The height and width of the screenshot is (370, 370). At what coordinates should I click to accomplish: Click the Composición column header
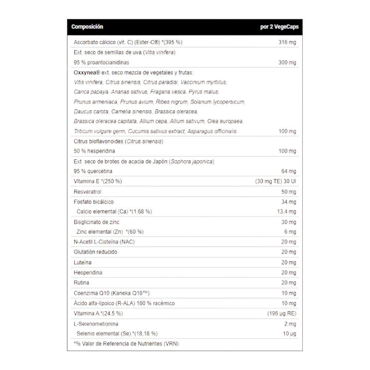(87, 27)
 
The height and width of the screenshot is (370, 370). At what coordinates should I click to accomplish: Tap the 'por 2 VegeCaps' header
(279, 27)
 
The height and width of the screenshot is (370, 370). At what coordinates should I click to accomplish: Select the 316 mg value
(287, 43)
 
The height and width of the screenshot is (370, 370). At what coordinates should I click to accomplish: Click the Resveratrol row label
(88, 192)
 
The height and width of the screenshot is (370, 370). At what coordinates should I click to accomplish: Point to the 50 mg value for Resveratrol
(289, 192)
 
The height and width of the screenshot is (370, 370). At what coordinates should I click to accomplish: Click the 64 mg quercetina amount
(289, 171)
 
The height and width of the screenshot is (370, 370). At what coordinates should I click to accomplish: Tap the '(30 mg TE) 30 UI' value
(276, 181)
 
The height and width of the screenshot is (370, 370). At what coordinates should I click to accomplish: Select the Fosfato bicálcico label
(94, 202)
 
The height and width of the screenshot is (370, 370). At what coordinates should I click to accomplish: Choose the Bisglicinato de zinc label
(97, 222)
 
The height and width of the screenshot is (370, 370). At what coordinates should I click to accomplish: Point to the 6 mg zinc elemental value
(290, 232)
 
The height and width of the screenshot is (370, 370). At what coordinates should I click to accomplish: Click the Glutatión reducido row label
(95, 252)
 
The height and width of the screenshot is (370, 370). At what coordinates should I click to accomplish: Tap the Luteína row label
(83, 262)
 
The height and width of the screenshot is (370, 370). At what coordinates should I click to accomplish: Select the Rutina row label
(81, 283)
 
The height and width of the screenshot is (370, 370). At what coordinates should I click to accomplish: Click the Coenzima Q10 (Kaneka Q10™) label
(112, 293)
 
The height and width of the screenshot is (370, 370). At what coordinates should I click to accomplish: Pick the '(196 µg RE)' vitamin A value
(282, 313)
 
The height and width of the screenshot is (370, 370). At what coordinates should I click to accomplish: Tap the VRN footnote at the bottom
(126, 344)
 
